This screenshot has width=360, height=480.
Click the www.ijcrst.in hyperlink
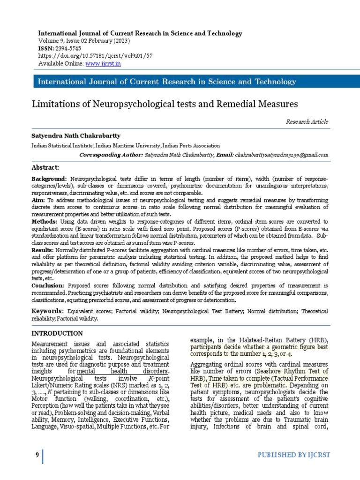coord(103,63)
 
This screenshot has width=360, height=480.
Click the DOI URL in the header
coord(95,56)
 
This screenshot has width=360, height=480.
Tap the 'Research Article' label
coord(307,122)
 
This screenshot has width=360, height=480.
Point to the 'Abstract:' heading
coord(45,167)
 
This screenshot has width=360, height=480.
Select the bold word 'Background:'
coord(49,180)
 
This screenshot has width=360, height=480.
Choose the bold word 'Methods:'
coord(45,221)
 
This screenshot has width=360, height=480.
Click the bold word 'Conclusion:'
coord(48,285)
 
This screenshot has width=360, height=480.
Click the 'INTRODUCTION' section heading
coord(57,333)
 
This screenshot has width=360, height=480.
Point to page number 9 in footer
coord(37,456)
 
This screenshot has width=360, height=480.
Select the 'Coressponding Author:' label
coord(110,155)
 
